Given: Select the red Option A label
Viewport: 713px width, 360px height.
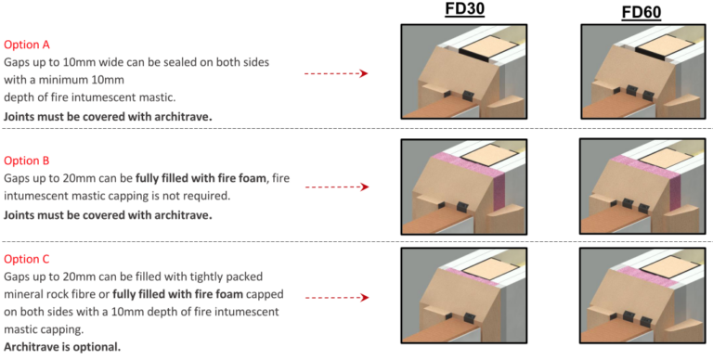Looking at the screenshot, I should pyautogui.click(x=27, y=45).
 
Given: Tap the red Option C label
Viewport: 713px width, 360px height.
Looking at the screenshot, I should pyautogui.click(x=27, y=259).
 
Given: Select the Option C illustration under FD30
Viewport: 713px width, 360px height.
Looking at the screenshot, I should pyautogui.click(x=463, y=295).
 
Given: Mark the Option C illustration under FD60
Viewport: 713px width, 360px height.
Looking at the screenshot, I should pyautogui.click(x=644, y=295).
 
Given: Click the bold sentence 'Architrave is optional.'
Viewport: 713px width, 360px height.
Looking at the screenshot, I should pyautogui.click(x=61, y=347).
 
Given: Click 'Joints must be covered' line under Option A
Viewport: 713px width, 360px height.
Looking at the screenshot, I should pyautogui.click(x=107, y=116).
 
